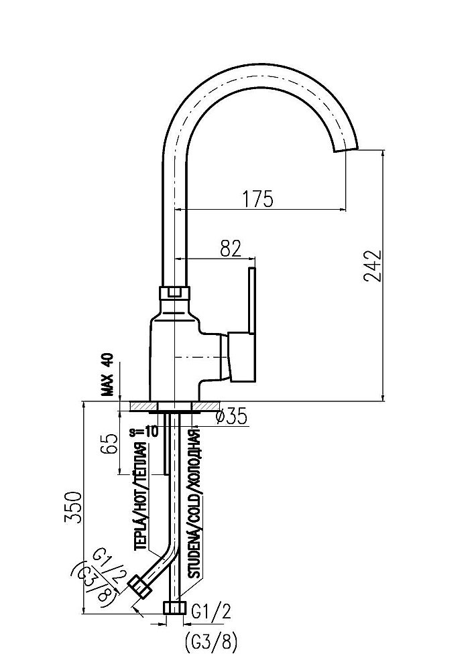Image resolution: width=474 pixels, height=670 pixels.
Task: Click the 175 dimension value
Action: point(258,199)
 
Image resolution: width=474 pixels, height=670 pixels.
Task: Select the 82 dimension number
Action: point(230,249)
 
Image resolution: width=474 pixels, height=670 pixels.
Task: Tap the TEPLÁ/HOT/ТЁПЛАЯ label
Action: point(141,496)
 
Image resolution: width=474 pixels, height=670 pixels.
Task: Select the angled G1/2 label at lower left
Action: point(109,566)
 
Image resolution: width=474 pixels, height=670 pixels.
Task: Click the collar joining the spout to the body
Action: point(174,293)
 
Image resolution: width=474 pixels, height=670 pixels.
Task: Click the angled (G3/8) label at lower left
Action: point(94,584)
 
